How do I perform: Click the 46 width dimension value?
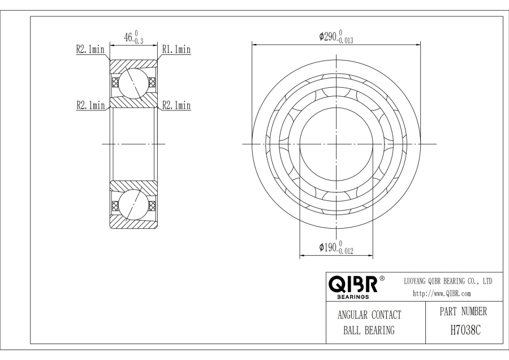(x=128, y=37)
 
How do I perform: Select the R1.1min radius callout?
(x=176, y=49)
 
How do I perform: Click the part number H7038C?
(x=465, y=330)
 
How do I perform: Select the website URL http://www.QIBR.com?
(x=442, y=293)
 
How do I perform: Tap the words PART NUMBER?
(x=463, y=311)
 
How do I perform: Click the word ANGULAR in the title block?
(x=352, y=315)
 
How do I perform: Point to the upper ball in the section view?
(x=133, y=83)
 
